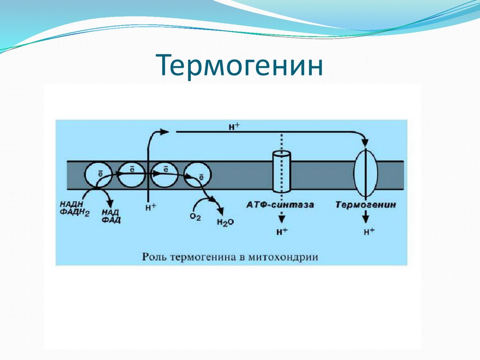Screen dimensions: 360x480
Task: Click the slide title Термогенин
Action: tap(240, 66)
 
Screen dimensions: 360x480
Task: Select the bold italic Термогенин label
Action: tap(366, 205)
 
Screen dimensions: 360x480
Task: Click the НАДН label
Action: tap(70, 204)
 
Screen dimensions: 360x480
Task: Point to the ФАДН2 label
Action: tap(73, 211)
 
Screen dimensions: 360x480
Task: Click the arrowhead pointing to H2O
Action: tap(219, 212)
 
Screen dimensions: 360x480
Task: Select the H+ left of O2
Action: tap(150, 207)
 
